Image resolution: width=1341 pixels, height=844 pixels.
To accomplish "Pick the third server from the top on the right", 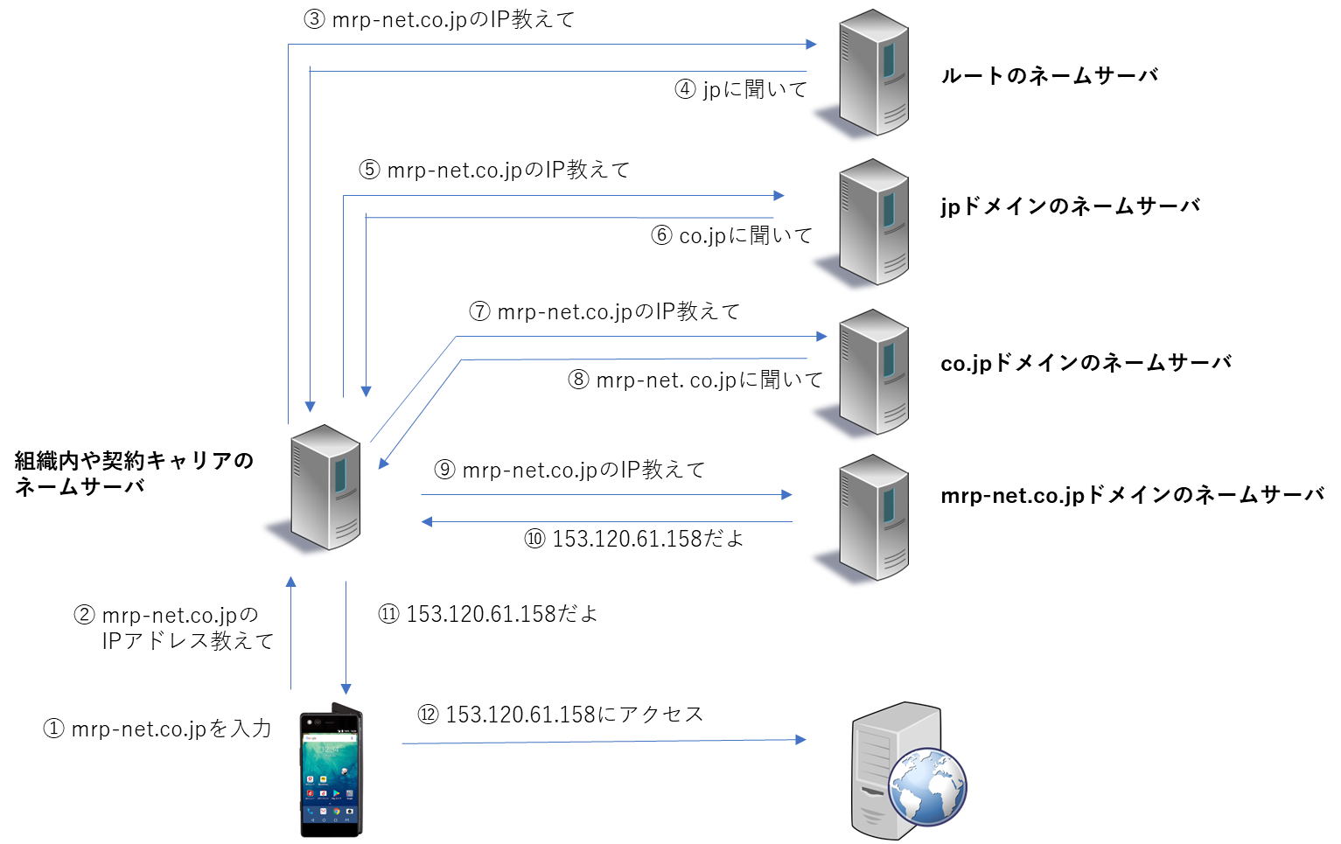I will coord(873,373).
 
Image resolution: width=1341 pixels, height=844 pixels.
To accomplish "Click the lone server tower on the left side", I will coord(325,487).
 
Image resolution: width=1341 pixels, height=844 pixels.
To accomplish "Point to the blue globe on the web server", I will coord(927,786).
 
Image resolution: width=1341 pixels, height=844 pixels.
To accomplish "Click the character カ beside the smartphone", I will coord(263,728).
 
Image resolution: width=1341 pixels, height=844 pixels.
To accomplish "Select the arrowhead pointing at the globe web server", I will coord(800,740).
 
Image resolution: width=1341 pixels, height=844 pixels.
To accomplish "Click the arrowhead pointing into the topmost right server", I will coord(812,44).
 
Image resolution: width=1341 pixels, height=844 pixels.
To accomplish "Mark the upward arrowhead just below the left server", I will coord(291,582).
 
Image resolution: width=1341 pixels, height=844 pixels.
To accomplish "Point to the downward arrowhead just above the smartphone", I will coord(346,689).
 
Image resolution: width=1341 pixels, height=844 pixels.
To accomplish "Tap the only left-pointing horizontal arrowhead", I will coord(427,522).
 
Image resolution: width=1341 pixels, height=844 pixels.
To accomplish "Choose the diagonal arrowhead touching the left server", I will coord(383,464).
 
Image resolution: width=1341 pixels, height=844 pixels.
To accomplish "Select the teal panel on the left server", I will coord(340,474).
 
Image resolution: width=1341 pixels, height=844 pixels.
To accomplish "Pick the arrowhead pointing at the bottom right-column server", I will coord(786,495).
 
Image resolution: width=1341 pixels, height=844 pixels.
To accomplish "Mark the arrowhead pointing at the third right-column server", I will coord(821,336).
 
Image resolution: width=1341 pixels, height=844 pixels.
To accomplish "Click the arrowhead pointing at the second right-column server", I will coord(779,196).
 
